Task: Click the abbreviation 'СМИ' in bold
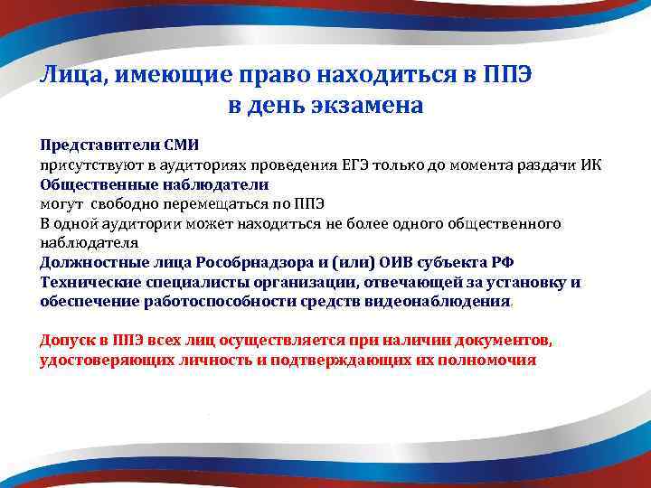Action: [x=182, y=145]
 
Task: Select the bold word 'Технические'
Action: [x=85, y=283]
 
